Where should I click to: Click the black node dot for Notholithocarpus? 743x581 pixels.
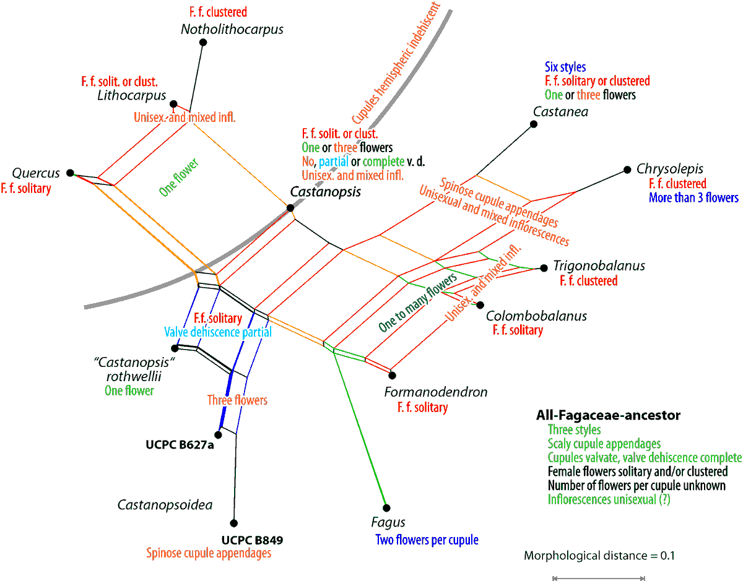click(203, 42)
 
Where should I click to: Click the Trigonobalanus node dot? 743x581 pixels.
click(544, 268)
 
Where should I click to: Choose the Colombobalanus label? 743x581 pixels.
click(536, 316)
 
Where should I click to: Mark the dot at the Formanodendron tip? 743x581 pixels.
click(392, 375)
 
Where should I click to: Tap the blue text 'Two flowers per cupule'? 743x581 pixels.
click(427, 540)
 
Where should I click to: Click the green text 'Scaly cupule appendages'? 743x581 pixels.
click(604, 444)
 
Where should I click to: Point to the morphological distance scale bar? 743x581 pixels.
click(598, 579)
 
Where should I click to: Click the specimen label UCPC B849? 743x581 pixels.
click(252, 540)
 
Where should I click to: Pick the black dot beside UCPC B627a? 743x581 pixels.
click(218, 434)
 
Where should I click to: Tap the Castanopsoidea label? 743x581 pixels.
click(165, 505)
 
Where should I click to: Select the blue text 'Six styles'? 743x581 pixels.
click(565, 67)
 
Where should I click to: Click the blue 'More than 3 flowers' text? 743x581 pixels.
click(693, 198)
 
